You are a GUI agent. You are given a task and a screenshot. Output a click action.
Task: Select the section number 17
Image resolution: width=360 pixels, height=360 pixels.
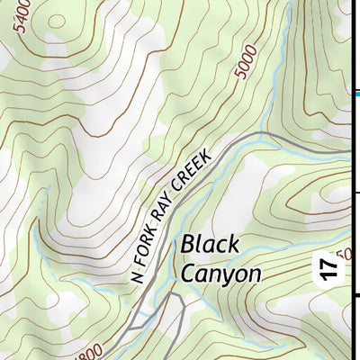[331, 266]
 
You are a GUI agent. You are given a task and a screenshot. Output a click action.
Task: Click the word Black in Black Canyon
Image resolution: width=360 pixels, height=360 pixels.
[210, 244]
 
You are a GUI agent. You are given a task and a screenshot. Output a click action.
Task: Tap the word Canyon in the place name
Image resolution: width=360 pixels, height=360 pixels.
[220, 274]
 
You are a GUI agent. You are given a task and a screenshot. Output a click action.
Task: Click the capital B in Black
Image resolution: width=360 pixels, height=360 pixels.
[188, 244]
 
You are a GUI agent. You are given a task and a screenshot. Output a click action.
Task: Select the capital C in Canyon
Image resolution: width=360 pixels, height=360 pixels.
[189, 274]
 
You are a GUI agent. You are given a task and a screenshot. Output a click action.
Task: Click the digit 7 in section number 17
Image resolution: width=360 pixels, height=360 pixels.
[331, 261]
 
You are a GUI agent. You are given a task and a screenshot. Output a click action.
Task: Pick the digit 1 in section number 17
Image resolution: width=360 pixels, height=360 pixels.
[331, 273]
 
